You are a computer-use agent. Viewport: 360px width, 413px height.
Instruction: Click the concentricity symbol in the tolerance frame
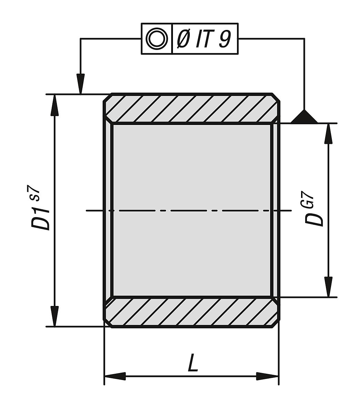coord(156,39)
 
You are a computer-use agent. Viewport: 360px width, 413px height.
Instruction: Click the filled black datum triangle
coord(304,117)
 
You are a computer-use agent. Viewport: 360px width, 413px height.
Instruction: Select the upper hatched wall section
coord(191,108)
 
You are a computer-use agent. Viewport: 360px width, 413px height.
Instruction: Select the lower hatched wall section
coord(191,312)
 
